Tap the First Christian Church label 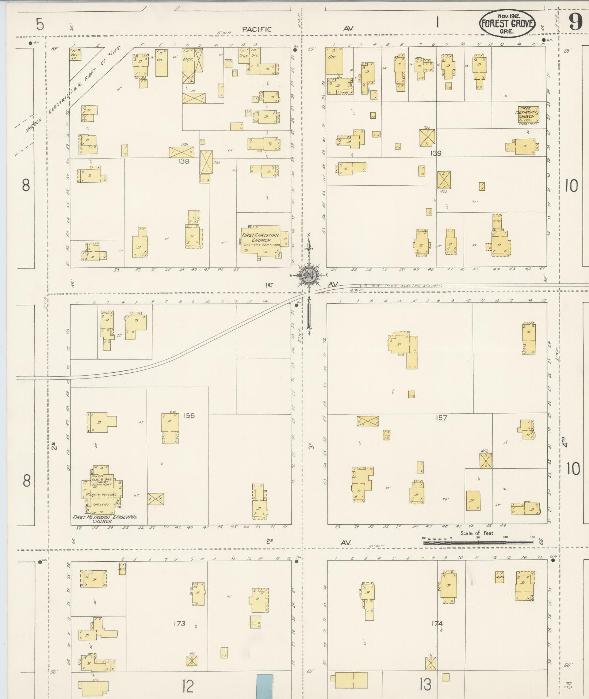260,238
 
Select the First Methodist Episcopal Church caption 105,519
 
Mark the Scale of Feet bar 478,543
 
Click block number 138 183,161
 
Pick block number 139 436,153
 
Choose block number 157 441,418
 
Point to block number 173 180,623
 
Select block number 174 437,623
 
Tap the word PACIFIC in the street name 257,29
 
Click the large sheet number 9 575,23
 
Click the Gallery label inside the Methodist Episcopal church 101,504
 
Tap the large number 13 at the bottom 425,684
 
